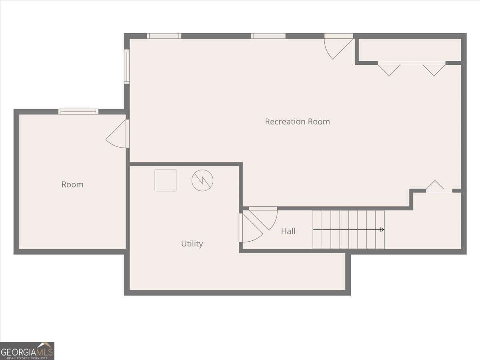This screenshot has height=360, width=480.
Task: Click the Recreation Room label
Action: pos(297,122)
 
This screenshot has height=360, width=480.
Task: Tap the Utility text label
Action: pos(192,244)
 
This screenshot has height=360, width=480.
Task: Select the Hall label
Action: pos(288,231)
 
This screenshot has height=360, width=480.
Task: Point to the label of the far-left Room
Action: pos(72,184)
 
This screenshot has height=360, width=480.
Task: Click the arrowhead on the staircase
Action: pos(382,230)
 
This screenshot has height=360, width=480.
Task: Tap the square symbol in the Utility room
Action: pos(166,180)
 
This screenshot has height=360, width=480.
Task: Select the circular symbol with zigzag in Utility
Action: pos(202,180)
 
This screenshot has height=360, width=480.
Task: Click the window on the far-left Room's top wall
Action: pos(78,112)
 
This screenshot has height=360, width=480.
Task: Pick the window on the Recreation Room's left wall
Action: pos(127,66)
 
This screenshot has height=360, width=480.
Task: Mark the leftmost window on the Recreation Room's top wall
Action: pos(164,36)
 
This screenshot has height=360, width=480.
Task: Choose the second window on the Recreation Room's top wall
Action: pos(268,36)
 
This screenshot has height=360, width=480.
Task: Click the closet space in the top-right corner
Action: pos(409,50)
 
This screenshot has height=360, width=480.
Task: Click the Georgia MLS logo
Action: pos(27,351)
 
